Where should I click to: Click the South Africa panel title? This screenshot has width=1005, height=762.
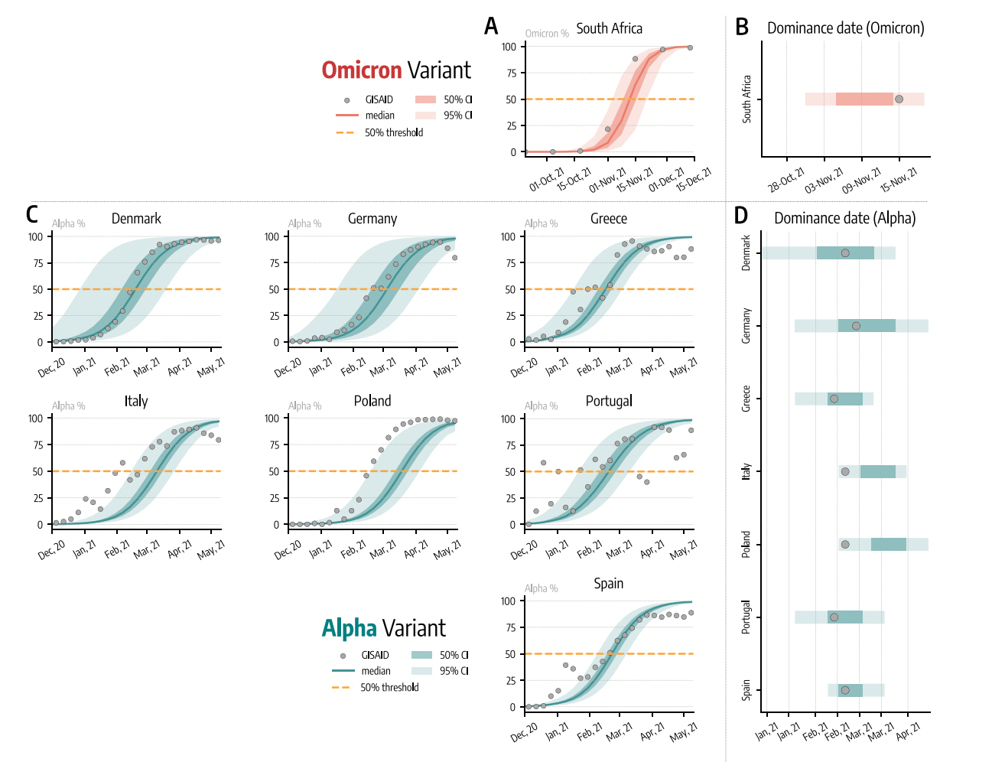pos(609,28)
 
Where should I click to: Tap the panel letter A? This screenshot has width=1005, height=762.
pos(491,27)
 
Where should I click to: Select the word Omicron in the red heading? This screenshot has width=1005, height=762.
pos(361,70)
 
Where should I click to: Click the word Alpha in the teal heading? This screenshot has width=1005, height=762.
pos(349,629)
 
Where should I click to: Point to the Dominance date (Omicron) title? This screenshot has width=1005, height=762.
pos(845,28)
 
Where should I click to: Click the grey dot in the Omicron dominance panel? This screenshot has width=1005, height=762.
pos(899,99)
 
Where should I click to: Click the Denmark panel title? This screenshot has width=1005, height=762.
pos(136,219)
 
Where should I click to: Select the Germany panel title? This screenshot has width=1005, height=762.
pos(372,219)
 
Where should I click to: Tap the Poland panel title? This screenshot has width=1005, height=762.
pos(372,401)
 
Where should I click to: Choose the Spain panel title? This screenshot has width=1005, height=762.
pos(609,584)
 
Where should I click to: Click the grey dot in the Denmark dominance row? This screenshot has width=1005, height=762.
pos(845,253)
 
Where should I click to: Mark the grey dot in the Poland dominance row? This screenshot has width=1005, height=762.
pos(845,545)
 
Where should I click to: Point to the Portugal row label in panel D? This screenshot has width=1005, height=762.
pos(746,617)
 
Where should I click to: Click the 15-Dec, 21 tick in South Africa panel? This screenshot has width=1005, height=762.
pos(694,178)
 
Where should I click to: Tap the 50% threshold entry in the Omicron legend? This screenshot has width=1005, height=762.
pos(393,132)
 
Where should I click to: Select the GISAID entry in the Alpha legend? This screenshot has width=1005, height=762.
pos(375,655)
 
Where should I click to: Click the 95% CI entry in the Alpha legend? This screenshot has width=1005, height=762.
pos(454,671)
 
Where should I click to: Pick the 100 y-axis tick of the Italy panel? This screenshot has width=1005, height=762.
pos(36,418)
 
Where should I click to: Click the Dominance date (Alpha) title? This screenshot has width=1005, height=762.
pos(844,218)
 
